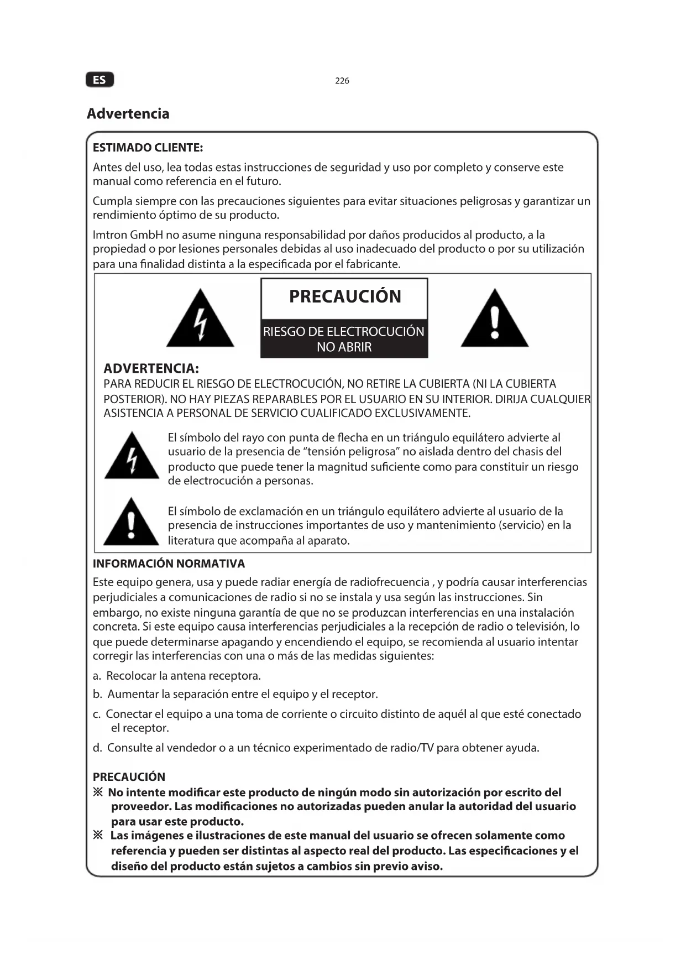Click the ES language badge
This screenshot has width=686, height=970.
click(100, 80)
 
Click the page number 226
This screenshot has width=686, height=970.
click(342, 81)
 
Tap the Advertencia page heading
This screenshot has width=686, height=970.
click(128, 114)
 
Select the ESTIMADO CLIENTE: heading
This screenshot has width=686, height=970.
click(148, 148)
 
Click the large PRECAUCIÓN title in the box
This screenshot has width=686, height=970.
click(345, 296)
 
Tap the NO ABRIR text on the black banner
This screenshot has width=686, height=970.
click(344, 347)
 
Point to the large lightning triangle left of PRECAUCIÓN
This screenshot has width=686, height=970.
click(200, 320)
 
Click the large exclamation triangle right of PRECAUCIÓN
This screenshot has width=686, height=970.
click(495, 320)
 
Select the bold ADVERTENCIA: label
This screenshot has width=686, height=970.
click(151, 368)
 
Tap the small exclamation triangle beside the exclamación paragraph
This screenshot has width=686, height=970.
click(131, 523)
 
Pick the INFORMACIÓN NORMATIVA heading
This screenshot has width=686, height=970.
click(169, 564)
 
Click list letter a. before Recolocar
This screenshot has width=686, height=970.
click(97, 676)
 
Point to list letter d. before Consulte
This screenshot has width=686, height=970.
click(97, 748)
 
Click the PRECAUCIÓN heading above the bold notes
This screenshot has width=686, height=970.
click(129, 777)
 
